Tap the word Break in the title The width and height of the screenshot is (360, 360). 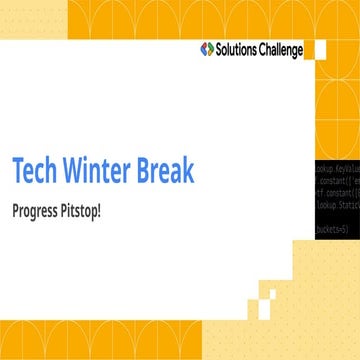click(169, 171)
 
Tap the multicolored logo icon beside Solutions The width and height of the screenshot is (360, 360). click(207, 49)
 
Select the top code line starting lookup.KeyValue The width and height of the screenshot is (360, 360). click(337, 171)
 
